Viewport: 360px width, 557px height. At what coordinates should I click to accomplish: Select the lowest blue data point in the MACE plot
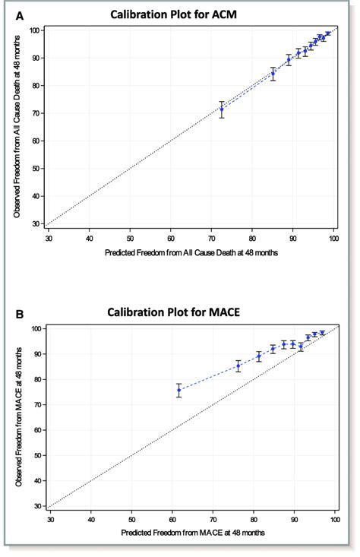179,390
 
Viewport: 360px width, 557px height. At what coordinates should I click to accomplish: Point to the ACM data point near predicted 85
273,74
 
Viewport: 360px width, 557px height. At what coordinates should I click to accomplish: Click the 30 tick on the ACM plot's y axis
36,224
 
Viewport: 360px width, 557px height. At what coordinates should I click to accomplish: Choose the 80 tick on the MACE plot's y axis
36,379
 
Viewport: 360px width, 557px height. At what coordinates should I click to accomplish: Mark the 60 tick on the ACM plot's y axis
36,141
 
